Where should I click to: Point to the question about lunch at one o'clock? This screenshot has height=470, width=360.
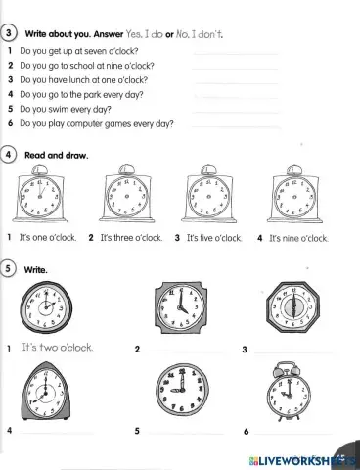pyautogui.click(x=83, y=80)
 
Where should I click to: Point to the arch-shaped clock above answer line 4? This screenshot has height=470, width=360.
pyautogui.click(x=42, y=395)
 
